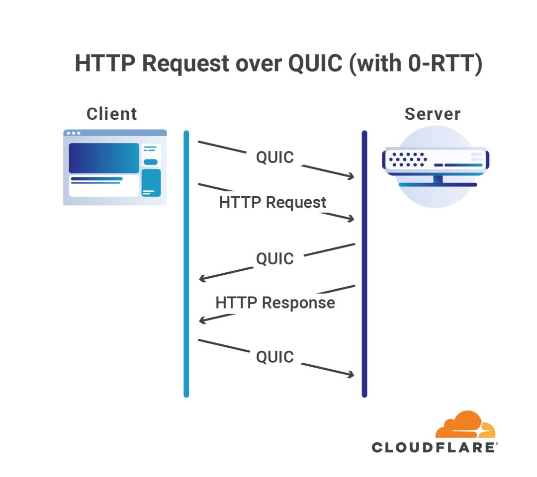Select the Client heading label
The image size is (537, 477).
[112, 114]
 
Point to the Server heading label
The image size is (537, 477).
[432, 114]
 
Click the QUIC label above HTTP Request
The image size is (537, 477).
[275, 158]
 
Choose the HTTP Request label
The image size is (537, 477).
[272, 203]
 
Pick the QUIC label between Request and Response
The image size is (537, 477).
[275, 259]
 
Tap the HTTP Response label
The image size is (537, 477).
[275, 303]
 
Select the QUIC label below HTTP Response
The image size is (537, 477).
[275, 357]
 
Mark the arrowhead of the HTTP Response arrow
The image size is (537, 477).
[202, 320]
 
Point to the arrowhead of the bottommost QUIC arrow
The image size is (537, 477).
[351, 375]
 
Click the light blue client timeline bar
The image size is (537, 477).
[186, 263]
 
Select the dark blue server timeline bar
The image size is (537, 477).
[364, 263]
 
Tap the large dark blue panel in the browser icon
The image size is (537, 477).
[104, 158]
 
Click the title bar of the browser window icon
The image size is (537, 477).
[115, 133]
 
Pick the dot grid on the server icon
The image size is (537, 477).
[408, 159]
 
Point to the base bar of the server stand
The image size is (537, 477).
[438, 184]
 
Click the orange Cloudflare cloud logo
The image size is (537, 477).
[465, 425]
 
